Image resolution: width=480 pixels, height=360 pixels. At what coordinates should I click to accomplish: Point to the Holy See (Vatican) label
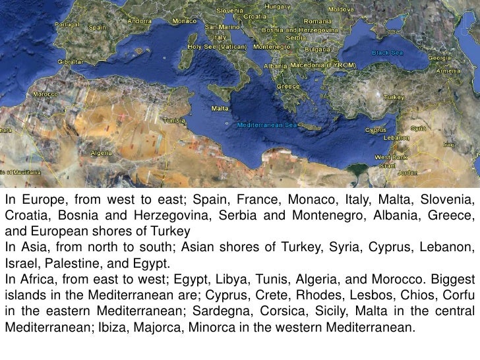click(x=218, y=47)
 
